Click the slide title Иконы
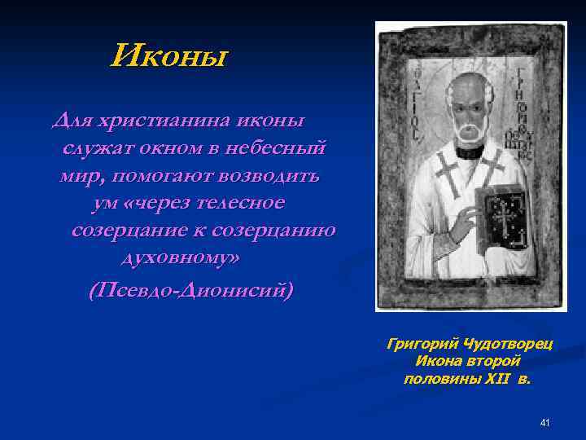coord(170,57)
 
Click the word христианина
coord(165,121)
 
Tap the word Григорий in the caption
coord(418,345)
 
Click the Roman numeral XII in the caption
coord(493,379)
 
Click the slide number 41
coord(544,422)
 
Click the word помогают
coord(162,175)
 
